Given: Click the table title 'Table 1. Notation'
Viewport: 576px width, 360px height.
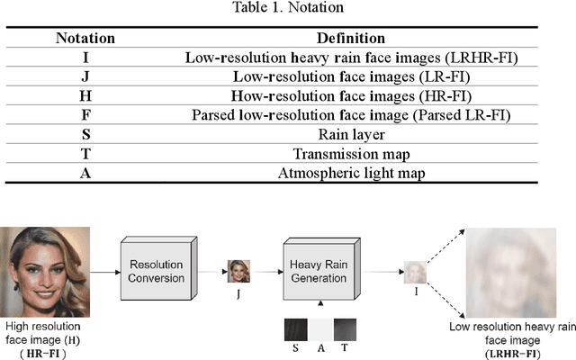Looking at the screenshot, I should click(288, 11).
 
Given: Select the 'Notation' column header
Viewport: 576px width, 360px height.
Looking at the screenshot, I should click(85, 39).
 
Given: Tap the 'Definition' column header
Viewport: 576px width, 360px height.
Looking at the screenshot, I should click(350, 39).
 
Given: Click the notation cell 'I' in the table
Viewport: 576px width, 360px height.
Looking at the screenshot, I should click(85, 57).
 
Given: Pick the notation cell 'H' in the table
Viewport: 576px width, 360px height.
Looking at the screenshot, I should click(85, 95).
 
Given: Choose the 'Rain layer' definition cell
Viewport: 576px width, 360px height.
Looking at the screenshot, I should click(350, 134).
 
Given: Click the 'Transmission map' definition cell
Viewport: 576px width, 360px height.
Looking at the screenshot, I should click(350, 154).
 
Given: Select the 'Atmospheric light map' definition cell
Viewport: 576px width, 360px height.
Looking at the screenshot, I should click(350, 174).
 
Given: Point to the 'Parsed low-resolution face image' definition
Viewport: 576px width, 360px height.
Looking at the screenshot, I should click(350, 115).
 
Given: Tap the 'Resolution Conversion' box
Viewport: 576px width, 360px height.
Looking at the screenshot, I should click(157, 271).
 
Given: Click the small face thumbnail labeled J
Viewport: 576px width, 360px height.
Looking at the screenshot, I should click(238, 271).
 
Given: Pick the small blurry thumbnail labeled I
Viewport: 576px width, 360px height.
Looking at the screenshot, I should click(413, 272).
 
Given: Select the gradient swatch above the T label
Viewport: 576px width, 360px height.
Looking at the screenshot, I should click(345, 328).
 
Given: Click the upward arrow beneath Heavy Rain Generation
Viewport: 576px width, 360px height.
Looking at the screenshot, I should click(319, 307).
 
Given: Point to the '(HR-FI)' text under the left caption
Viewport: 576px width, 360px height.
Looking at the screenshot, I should click(42, 353).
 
